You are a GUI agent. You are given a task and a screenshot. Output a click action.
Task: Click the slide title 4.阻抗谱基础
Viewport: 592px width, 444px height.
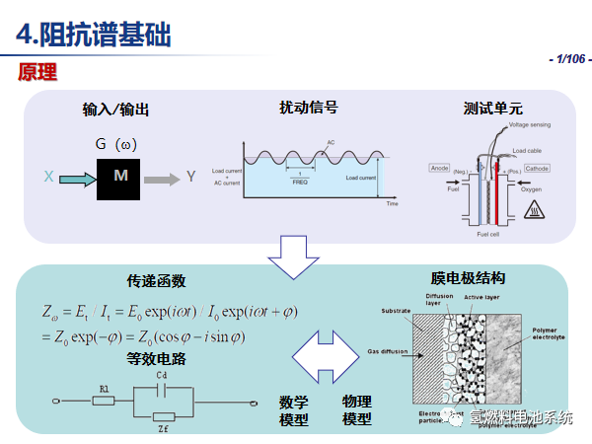coord(94,36)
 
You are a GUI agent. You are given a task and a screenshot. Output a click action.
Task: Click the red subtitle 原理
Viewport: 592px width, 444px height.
coord(37,72)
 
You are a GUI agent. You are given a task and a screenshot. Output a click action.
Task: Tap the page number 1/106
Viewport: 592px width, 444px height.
coord(568,60)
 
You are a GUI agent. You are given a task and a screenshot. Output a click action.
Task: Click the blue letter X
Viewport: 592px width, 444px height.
coord(47,178)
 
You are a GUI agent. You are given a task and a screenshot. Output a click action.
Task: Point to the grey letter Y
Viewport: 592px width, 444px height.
coord(191,178)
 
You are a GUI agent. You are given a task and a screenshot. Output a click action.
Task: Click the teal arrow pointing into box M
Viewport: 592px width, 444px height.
coord(76,178)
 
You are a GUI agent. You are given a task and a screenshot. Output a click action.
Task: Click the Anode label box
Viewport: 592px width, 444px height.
coord(439,168)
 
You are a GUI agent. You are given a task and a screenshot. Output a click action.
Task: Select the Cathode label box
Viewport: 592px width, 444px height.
coord(537,169)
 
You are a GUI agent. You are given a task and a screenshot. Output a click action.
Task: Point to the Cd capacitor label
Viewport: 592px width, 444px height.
coord(166,376)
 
